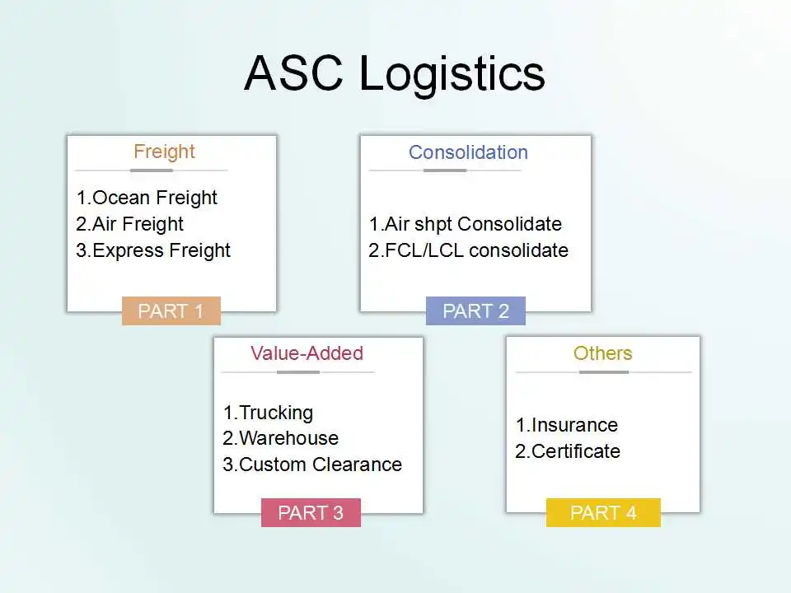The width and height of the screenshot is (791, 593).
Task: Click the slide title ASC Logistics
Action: (395, 73)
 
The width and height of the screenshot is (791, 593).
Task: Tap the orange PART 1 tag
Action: (171, 311)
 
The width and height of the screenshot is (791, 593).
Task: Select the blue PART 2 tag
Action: (475, 311)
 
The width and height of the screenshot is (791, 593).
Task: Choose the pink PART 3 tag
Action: (311, 512)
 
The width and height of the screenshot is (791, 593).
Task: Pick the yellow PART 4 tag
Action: (603, 512)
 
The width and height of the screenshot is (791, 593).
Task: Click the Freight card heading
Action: (165, 152)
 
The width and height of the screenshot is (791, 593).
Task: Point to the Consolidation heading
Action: (468, 152)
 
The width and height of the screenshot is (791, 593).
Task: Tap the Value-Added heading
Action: (307, 353)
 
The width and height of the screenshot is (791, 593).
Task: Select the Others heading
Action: (603, 353)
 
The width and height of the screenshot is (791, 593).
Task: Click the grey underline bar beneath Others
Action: (604, 372)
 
